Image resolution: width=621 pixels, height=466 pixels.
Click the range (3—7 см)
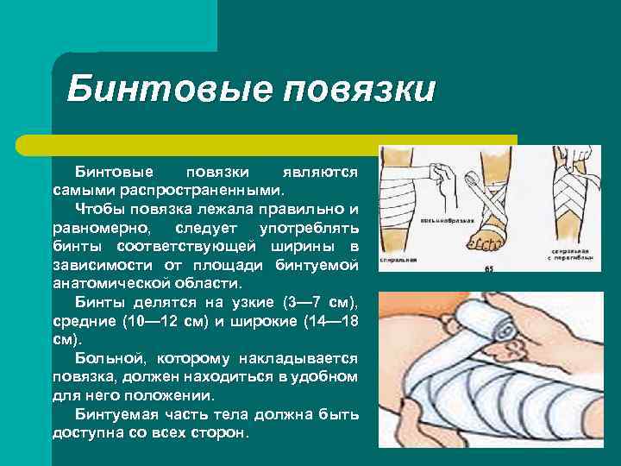[319, 303]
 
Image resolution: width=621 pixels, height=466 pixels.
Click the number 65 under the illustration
[488, 269]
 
